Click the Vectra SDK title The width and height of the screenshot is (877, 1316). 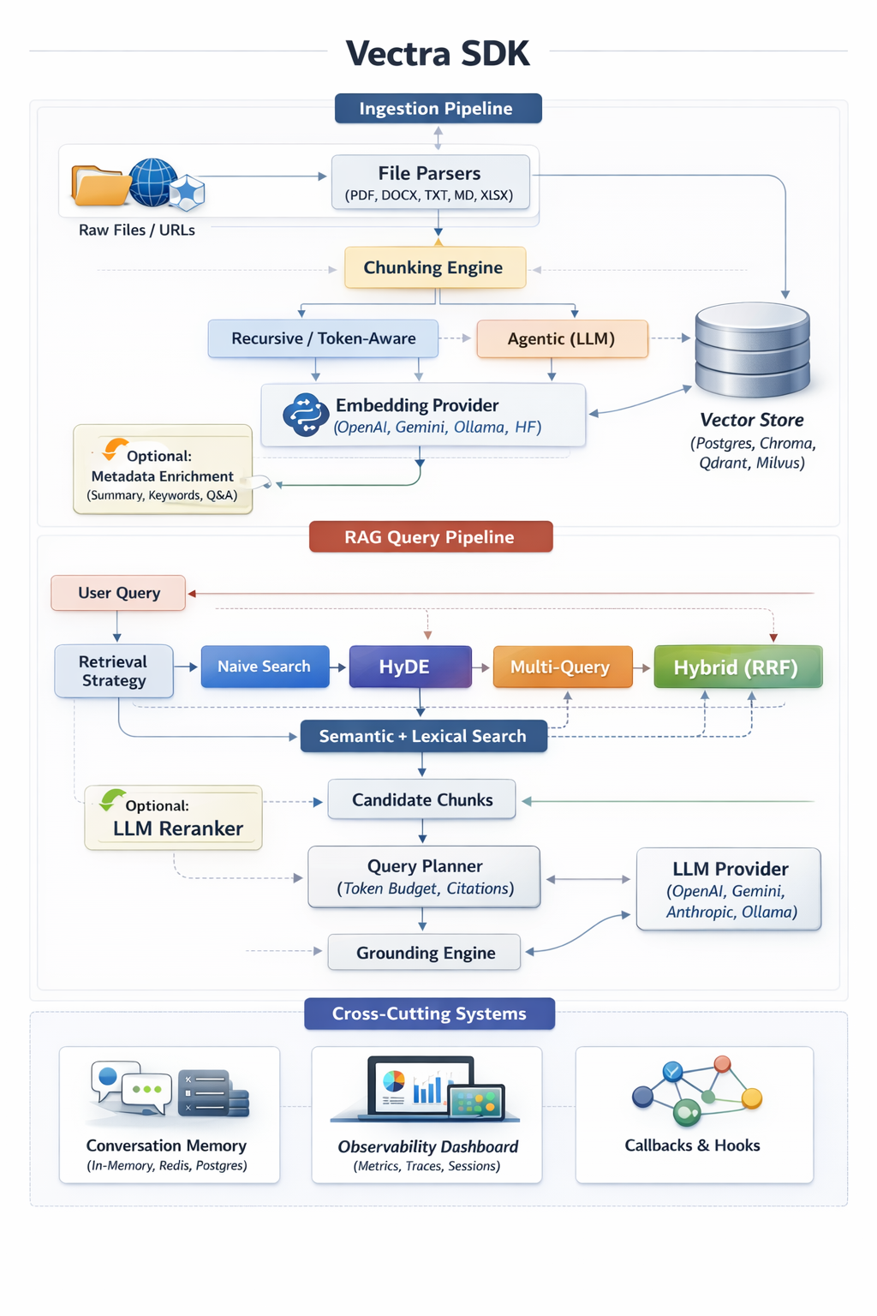coord(438,53)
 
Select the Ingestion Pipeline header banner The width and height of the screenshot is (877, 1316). coord(438,109)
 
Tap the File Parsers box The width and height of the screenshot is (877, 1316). coord(430,182)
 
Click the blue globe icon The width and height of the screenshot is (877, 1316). coord(152,182)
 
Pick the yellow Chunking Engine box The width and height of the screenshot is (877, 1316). coord(434,267)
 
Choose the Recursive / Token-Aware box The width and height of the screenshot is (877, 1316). coord(323,338)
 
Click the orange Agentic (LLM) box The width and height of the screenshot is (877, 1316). coord(561,338)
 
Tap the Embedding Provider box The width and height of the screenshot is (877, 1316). coord(423,416)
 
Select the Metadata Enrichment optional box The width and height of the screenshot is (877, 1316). coord(163,470)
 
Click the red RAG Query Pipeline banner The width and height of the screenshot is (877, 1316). coord(430,537)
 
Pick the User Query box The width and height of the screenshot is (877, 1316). coord(118,593)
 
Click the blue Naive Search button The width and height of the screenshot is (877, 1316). coord(265,667)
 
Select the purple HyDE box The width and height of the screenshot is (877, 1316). coord(410,667)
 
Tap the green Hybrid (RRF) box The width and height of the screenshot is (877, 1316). coord(737,667)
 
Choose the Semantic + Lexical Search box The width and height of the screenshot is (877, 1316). coord(423,736)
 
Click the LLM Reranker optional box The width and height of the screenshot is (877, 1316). coord(173,818)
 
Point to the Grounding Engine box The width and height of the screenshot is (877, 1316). coord(425,953)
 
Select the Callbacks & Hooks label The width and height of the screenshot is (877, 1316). coord(692,1146)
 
